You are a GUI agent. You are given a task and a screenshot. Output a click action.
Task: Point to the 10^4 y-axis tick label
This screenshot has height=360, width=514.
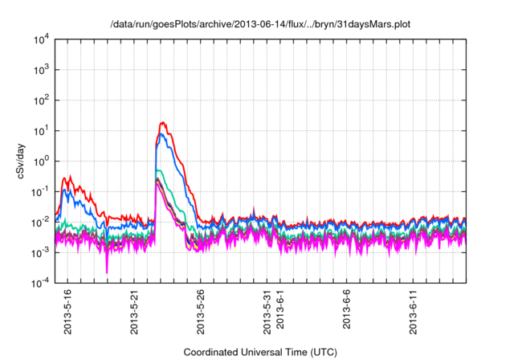(x=43, y=39)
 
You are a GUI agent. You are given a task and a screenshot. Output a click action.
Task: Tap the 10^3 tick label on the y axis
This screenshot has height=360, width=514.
(x=43, y=70)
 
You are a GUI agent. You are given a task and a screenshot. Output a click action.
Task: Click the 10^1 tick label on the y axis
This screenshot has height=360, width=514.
(x=43, y=131)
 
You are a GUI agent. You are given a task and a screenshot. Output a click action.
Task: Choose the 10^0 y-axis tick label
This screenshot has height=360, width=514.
(x=43, y=162)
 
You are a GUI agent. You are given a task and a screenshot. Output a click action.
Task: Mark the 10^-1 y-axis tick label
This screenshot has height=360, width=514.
(x=42, y=192)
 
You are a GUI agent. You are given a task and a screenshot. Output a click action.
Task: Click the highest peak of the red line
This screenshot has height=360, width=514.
(x=164, y=122)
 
